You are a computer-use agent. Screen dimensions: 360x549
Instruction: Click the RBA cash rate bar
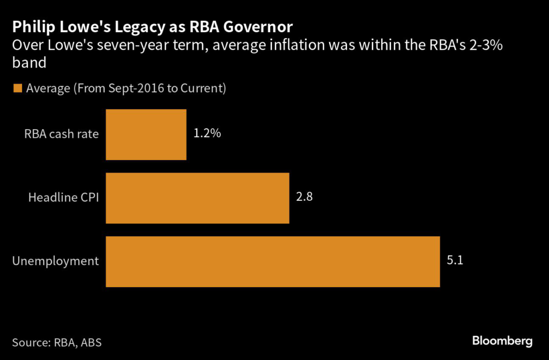click(146, 134)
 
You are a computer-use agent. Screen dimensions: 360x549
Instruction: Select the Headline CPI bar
click(197, 198)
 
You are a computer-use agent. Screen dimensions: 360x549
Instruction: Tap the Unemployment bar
click(272, 261)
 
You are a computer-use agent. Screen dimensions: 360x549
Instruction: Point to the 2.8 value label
click(304, 197)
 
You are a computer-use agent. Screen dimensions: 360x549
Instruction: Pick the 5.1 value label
click(455, 261)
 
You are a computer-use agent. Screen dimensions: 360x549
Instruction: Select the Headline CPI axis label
click(63, 198)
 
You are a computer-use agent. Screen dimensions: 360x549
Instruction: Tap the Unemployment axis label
click(55, 261)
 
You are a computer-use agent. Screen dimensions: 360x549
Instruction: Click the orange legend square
click(18, 88)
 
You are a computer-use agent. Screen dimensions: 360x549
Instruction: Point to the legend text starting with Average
click(126, 88)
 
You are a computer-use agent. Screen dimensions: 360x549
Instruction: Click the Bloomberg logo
click(502, 340)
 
